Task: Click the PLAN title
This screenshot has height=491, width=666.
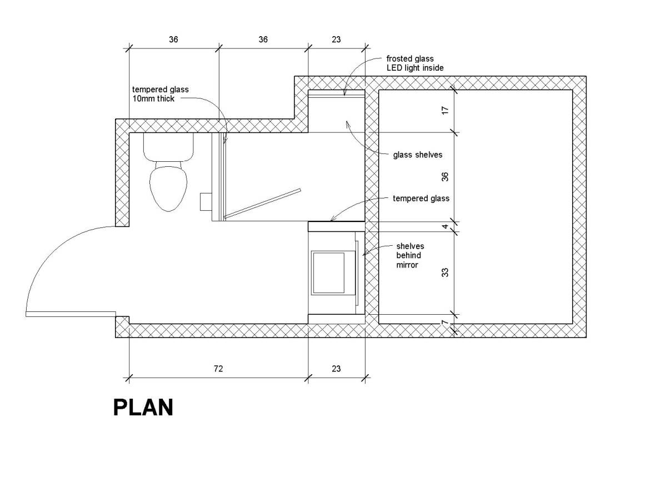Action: point(143,407)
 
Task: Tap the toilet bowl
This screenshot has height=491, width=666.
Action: point(168,186)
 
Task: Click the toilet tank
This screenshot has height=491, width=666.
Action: point(168,147)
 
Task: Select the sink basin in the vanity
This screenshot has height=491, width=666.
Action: point(328,273)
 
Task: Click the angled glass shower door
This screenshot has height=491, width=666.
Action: point(263,204)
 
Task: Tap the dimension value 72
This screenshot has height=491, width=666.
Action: point(218,369)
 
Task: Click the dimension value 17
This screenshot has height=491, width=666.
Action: point(445,111)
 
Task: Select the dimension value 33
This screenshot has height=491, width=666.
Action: point(445,272)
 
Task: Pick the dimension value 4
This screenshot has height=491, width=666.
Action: point(445,226)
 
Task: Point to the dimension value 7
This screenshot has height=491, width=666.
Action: point(445,323)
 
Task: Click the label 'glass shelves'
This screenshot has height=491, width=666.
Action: point(418,155)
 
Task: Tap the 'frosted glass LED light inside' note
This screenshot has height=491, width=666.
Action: point(415,63)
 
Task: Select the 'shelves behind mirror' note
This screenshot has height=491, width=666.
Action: point(410,255)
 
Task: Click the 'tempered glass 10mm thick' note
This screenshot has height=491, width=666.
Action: point(160,94)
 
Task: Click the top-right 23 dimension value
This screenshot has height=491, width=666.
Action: point(336,39)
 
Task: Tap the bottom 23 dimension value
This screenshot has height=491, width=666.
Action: point(336,369)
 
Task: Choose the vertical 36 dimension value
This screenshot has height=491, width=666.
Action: point(445,176)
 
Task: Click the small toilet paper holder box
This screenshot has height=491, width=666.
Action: point(206,201)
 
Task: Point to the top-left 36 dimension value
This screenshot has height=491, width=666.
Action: point(173,39)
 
